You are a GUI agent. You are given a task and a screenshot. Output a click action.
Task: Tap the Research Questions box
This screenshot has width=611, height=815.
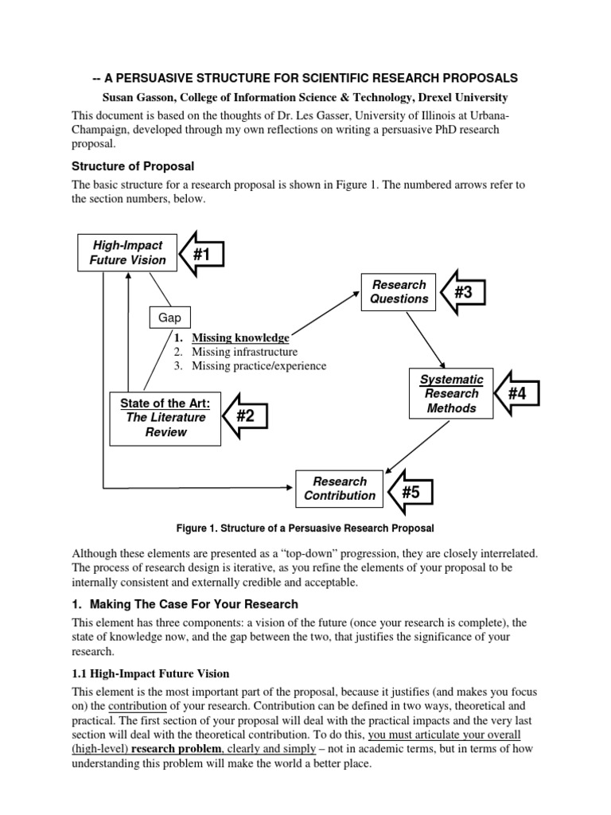click(x=399, y=291)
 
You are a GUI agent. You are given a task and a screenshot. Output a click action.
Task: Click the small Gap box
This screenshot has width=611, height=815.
click(x=169, y=318)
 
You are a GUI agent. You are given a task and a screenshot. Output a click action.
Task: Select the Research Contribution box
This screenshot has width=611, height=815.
click(x=340, y=488)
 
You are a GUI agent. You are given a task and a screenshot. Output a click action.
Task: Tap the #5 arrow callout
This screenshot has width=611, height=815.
click(x=407, y=493)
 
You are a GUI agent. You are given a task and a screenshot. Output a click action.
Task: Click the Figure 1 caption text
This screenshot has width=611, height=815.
click(x=305, y=528)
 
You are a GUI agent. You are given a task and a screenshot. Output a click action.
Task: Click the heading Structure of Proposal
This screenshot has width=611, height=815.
click(x=133, y=166)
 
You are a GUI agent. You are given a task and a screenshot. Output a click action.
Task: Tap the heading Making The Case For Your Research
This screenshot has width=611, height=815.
click(x=192, y=603)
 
